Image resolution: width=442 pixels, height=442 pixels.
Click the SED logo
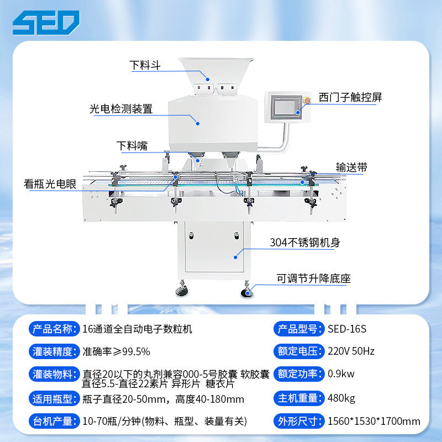pyautogui.click(x=46, y=23)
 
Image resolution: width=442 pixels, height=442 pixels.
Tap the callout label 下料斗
pyautogui.click(x=145, y=65)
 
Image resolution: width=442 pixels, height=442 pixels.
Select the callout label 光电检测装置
pyautogui.click(x=121, y=109)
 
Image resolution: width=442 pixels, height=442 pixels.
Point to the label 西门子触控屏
pyautogui.click(x=350, y=97)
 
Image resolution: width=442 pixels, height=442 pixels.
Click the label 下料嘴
pyautogui.click(x=132, y=146)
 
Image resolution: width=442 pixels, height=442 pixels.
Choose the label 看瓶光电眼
pyautogui.click(x=50, y=184)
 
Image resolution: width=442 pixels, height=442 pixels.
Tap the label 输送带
pyautogui.click(x=351, y=167)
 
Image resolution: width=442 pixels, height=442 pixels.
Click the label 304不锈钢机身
pyautogui.click(x=305, y=243)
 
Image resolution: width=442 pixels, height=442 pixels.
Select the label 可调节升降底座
pyautogui.click(x=313, y=278)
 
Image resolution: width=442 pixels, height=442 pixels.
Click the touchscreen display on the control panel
pyautogui.click(x=285, y=107)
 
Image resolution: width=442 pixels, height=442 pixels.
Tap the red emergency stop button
pyautogui.click(x=307, y=101)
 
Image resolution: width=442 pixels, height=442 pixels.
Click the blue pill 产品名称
pyautogui.click(x=54, y=329)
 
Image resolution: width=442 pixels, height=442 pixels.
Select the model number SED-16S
pyautogui.click(x=347, y=329)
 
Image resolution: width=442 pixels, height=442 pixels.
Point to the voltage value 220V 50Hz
pyautogui.click(x=351, y=351)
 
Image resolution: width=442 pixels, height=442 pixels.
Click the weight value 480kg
pyautogui.click(x=341, y=398)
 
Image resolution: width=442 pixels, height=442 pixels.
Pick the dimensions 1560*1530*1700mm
pyautogui.click(x=374, y=421)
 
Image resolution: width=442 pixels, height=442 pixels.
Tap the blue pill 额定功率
pyautogui.click(x=299, y=374)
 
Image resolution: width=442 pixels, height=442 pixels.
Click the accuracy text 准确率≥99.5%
pyautogui.click(x=116, y=351)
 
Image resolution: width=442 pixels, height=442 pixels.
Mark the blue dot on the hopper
pyautogui.click(x=208, y=80)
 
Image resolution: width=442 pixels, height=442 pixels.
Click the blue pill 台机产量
pyautogui.click(x=54, y=421)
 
